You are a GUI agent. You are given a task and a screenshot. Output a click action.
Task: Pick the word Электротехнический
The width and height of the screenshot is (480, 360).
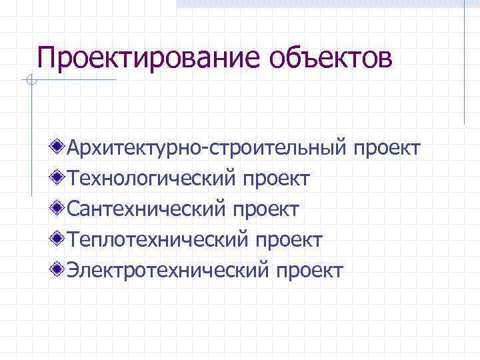pyautogui.click(x=168, y=270)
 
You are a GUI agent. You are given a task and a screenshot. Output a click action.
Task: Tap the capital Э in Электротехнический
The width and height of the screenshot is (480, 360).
pyautogui.click(x=74, y=270)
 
